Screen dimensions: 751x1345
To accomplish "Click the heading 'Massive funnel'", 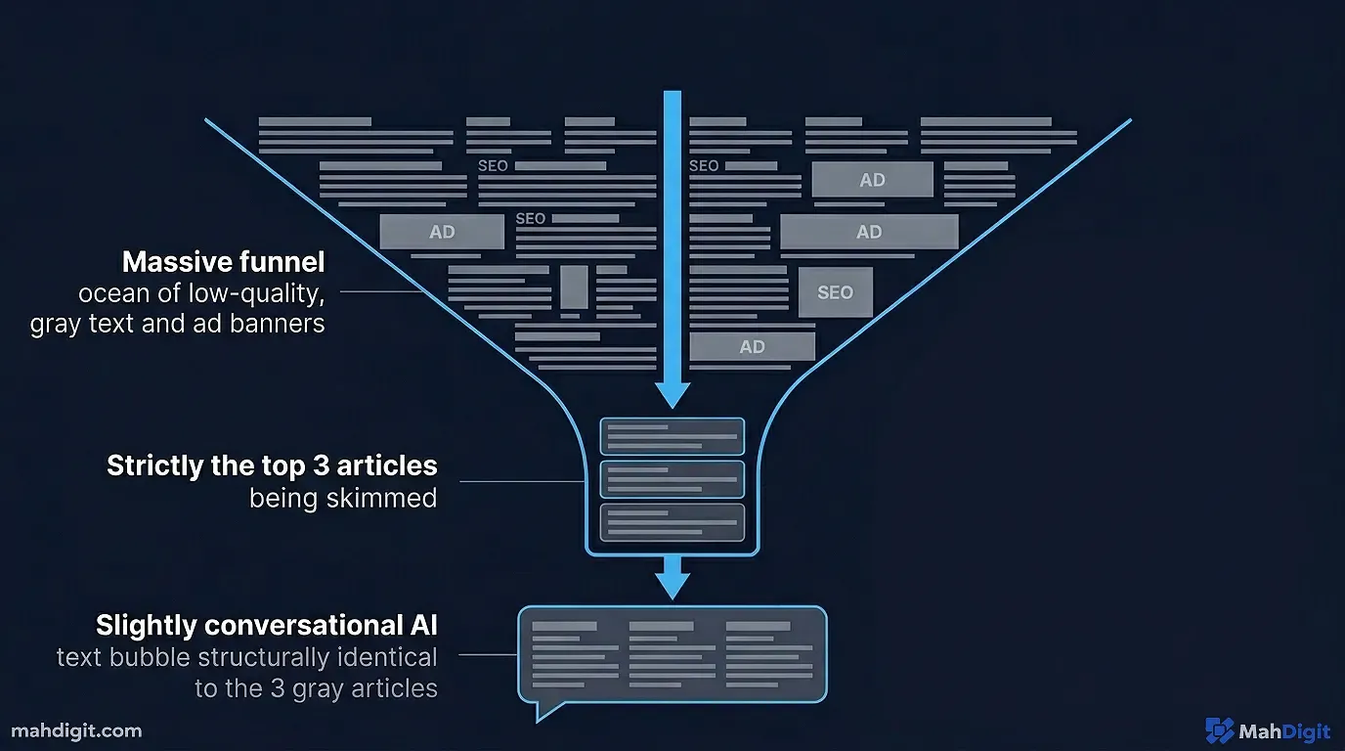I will pos(223,262).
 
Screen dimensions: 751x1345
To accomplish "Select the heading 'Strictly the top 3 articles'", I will pos(272,464).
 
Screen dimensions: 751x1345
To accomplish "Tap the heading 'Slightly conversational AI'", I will pos(266,625).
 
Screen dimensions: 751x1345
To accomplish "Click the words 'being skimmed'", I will pos(342,498).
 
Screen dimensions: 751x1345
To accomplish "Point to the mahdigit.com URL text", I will pos(76,730).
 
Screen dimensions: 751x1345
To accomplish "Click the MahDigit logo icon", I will pos(1219,730).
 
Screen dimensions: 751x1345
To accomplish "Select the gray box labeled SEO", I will pos(835,292).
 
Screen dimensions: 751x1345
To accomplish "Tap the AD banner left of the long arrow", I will pos(442,233).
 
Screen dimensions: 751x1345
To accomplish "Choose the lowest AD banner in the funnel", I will pos(752,346).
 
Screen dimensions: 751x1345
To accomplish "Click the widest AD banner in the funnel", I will pos(868,232).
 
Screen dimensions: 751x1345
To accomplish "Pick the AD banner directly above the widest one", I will pos(872,180).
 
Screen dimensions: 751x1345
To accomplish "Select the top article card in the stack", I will pos(672,436).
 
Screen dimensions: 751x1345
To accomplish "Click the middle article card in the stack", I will pos(672,479).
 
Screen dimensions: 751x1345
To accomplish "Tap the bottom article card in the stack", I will pos(672,522).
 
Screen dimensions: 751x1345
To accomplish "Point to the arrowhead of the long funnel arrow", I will pos(672,394).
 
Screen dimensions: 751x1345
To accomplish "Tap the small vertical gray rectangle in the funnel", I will pos(574,287).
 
